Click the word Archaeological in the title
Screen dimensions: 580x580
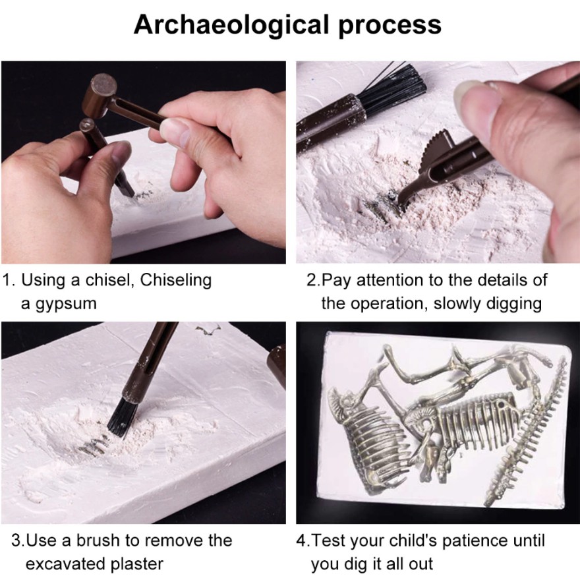point(231,26)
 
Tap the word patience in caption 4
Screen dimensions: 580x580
point(475,541)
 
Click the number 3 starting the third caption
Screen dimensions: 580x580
point(16,541)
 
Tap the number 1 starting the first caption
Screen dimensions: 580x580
point(7,280)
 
